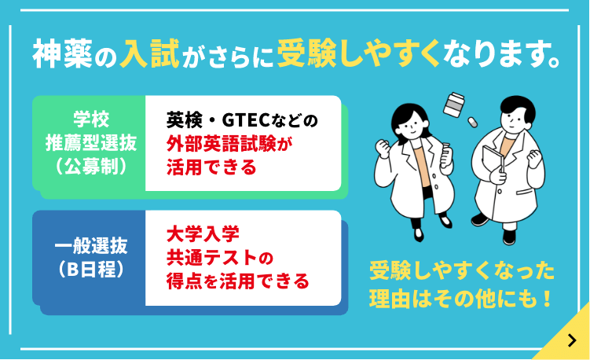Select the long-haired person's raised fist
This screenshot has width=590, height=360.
click(385, 147)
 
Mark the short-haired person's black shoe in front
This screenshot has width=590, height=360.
click(481, 218)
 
